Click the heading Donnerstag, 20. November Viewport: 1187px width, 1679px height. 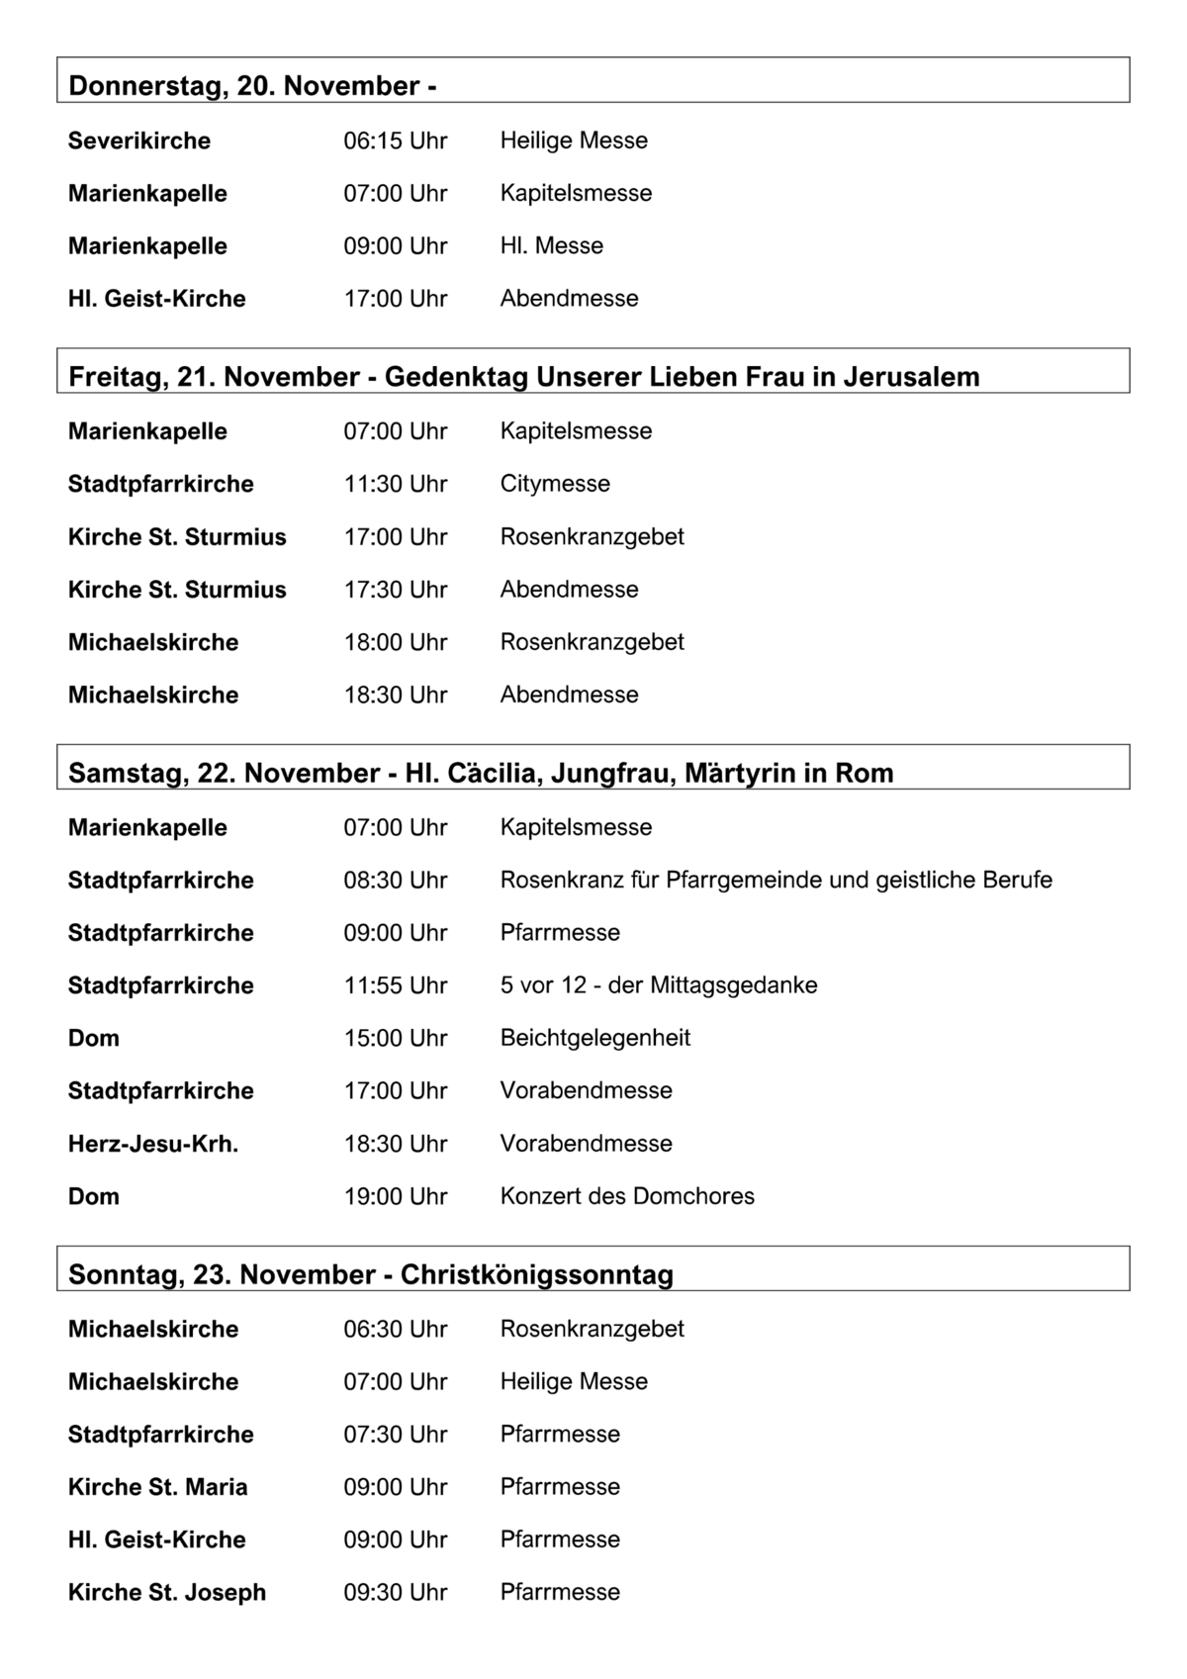point(252,86)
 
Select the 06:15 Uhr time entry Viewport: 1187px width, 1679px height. point(395,140)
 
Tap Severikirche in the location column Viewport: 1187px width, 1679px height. point(138,140)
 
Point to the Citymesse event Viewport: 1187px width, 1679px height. point(554,484)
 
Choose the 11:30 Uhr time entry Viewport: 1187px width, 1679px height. point(395,484)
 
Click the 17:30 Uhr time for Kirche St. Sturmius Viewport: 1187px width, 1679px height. point(395,590)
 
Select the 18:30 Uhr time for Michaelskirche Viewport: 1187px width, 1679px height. point(395,695)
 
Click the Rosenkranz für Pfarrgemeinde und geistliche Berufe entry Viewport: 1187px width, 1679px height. point(776,880)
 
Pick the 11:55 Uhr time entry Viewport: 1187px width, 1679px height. point(395,985)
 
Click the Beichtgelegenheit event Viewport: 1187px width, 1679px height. point(594,1038)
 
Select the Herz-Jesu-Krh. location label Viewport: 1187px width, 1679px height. point(152,1144)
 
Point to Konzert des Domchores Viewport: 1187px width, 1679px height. point(626,1196)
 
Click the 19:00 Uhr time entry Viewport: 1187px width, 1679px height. point(395,1196)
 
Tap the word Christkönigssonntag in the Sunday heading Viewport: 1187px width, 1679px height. point(536,1274)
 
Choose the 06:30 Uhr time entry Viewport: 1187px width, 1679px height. point(395,1329)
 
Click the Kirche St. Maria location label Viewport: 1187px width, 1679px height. point(157,1487)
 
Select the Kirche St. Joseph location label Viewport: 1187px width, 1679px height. point(166,1592)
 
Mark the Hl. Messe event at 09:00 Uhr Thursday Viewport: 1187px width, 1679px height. point(551,245)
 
